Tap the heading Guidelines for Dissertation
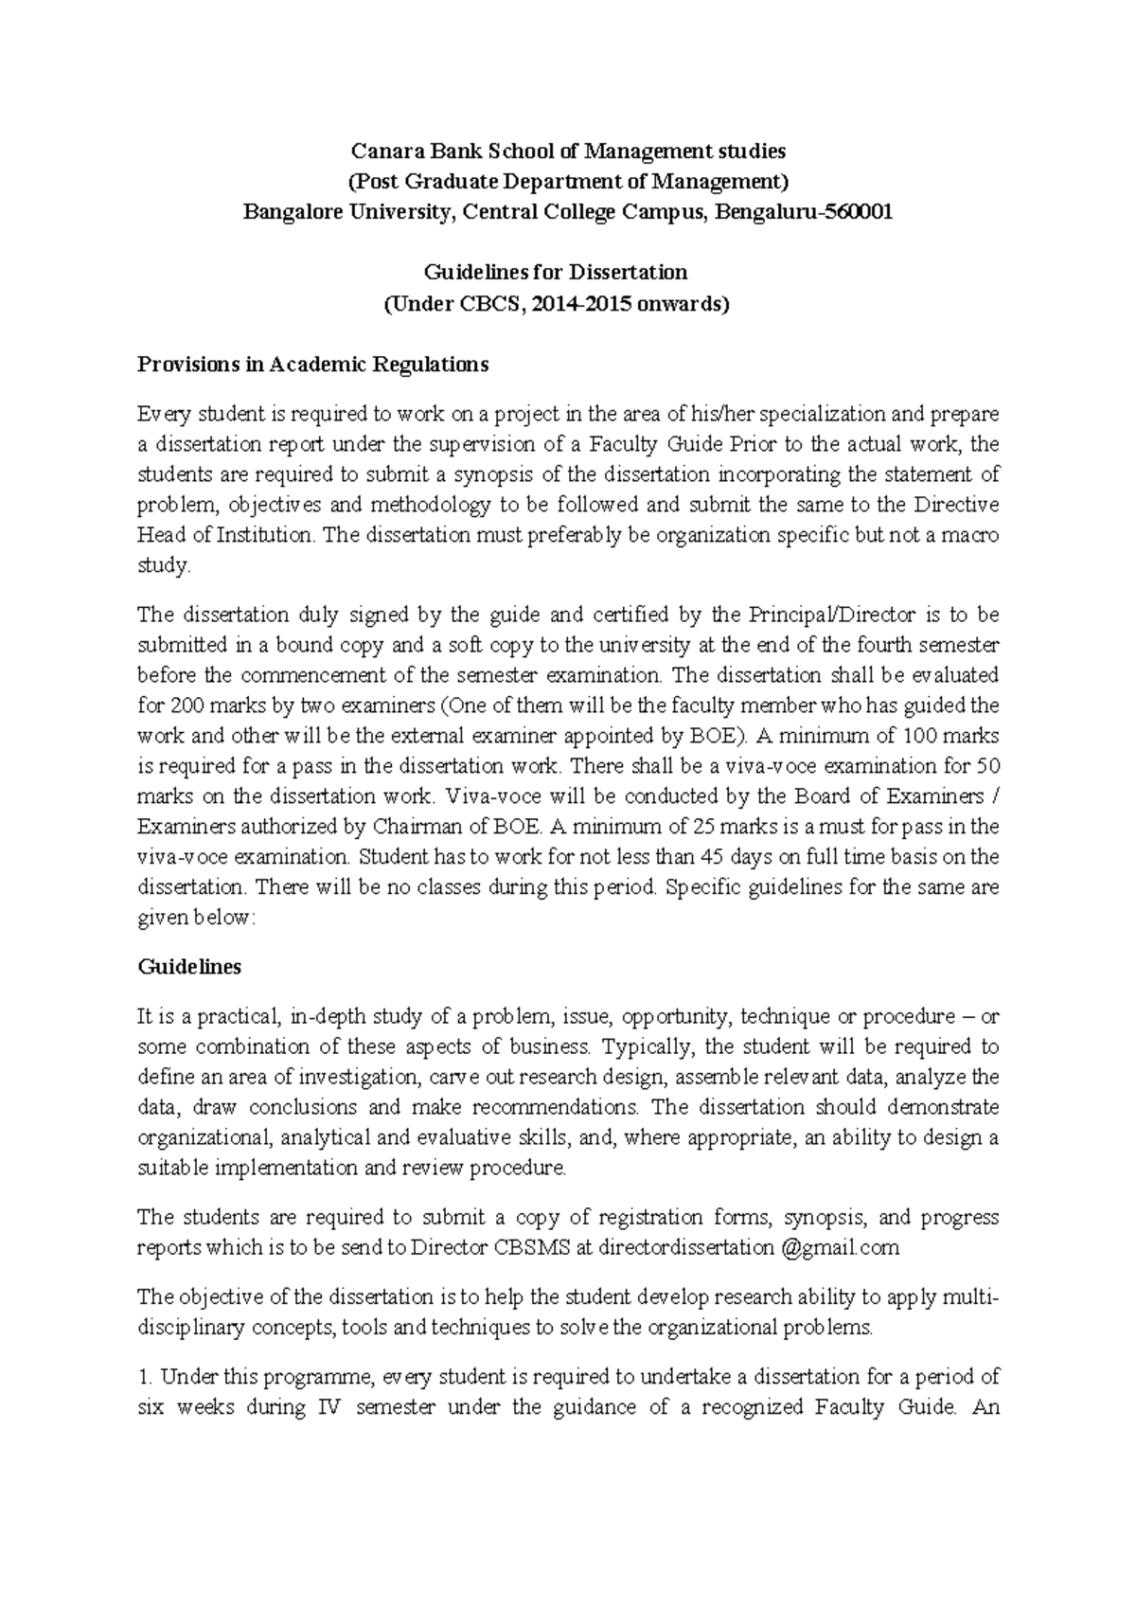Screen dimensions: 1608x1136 click(x=554, y=272)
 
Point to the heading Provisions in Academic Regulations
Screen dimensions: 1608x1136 click(x=312, y=365)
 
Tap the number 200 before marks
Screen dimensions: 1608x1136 click(x=186, y=706)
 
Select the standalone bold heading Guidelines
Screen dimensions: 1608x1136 click(x=189, y=967)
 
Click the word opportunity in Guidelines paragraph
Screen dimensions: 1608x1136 click(x=676, y=1017)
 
